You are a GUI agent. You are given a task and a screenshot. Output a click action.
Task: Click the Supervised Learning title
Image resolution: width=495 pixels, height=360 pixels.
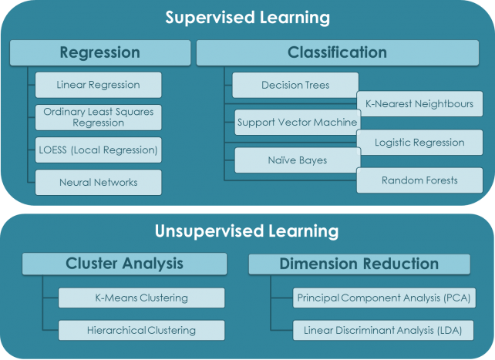247,17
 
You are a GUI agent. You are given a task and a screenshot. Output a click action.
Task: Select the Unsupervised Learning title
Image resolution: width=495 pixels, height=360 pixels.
247,230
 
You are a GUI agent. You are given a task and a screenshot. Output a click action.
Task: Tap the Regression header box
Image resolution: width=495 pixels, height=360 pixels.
99,52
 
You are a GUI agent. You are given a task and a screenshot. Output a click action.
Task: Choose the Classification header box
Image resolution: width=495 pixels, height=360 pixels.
338,52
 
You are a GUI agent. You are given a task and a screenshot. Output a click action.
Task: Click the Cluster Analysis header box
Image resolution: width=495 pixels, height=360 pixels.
124,264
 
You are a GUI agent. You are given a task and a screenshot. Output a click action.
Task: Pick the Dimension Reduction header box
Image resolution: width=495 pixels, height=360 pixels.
359,264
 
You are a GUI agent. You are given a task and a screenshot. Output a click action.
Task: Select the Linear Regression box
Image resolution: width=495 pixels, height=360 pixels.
98,84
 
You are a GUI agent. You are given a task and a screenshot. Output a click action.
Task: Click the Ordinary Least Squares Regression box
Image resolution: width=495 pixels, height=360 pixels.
98,117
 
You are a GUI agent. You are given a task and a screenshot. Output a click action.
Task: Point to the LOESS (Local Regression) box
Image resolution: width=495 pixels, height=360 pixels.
98,150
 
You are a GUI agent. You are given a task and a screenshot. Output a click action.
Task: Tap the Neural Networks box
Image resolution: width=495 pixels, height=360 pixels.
98,183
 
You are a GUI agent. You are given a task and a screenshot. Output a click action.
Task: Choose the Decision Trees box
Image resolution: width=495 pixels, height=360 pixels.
295,84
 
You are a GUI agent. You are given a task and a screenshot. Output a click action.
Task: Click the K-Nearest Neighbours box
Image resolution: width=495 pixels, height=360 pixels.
419,103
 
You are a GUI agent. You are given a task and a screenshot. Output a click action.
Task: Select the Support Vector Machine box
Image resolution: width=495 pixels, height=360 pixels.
297,122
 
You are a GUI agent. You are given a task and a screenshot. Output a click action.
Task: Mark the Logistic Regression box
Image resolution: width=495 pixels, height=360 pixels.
419,142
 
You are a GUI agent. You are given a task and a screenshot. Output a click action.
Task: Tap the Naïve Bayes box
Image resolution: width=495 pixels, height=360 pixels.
297,160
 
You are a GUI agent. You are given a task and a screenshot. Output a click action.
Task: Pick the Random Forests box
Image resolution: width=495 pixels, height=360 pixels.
419,180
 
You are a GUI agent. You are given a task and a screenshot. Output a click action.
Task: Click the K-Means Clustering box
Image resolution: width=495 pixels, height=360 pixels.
141,298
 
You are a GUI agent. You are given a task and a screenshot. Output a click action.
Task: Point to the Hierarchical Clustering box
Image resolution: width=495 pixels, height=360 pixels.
141,330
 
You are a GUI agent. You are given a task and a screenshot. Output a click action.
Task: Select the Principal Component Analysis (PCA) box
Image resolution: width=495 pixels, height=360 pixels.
382,298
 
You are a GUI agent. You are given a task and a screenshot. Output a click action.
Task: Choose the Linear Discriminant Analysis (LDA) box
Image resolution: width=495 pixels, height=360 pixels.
382,330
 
